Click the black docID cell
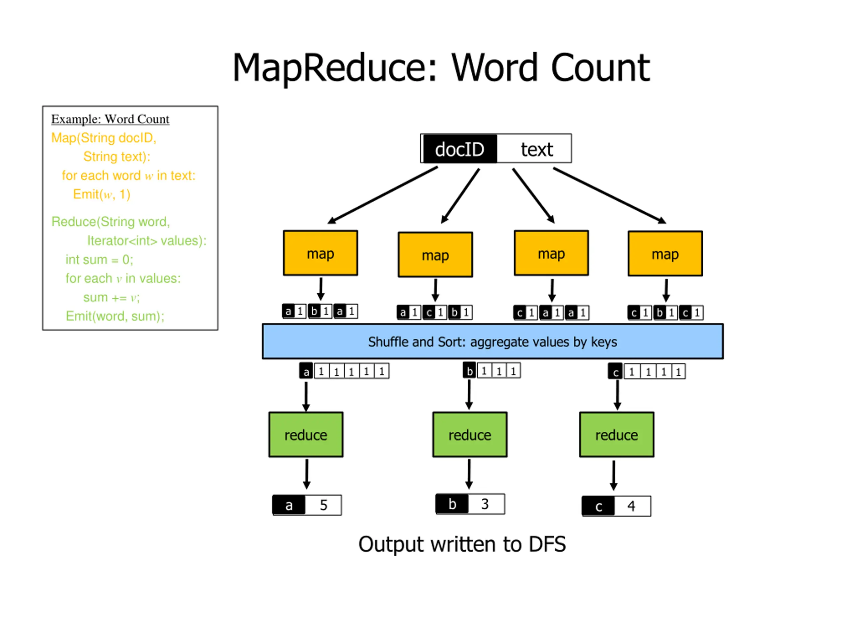(460, 149)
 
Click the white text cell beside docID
(534, 149)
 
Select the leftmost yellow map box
(320, 253)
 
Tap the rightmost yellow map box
(665, 254)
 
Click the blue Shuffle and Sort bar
(493, 342)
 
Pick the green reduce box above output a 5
(306, 434)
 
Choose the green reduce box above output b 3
(470, 434)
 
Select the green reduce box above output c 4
(617, 434)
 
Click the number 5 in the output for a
(323, 505)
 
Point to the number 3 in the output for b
(485, 504)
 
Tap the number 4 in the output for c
(631, 506)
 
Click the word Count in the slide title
(600, 68)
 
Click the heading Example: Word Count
(110, 119)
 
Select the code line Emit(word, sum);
(115, 316)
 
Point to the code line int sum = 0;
(99, 259)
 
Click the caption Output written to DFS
(462, 545)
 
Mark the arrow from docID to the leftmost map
(383, 195)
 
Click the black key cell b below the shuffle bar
(470, 370)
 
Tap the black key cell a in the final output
(289, 505)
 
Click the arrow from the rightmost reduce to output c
(614, 476)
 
